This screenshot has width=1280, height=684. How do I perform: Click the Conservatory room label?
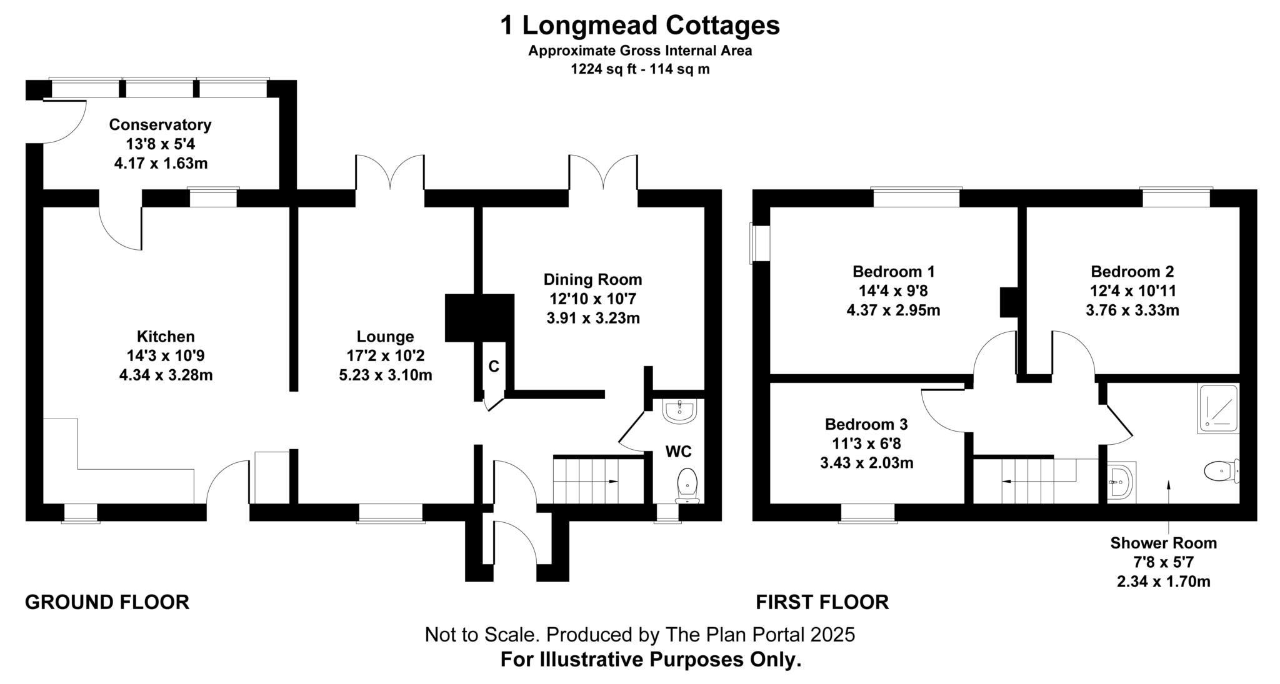pyautogui.click(x=160, y=124)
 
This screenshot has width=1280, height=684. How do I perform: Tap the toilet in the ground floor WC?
pyautogui.click(x=687, y=484)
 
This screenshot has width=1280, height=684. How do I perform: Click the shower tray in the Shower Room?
pyautogui.click(x=1217, y=408)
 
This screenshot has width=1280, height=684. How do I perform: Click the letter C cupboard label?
pyautogui.click(x=494, y=367)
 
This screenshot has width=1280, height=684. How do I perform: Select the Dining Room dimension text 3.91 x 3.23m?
pyautogui.click(x=592, y=318)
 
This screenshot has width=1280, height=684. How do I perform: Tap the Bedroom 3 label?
pyautogui.click(x=866, y=424)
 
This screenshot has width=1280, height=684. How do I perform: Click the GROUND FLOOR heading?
pyautogui.click(x=107, y=602)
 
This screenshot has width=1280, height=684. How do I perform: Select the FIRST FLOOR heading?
pyautogui.click(x=822, y=602)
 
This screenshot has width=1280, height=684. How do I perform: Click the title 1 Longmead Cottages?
pyautogui.click(x=639, y=26)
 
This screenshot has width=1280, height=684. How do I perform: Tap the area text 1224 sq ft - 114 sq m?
pyautogui.click(x=639, y=69)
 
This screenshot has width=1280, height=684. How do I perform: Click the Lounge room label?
pyautogui.click(x=385, y=337)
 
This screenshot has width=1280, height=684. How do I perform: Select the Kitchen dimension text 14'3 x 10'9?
pyautogui.click(x=166, y=356)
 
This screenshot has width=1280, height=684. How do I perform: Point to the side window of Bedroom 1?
pyautogui.click(x=761, y=244)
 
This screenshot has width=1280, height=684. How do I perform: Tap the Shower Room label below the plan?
pyautogui.click(x=1163, y=543)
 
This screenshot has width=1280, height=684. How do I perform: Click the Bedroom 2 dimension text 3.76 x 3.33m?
pyautogui.click(x=1132, y=310)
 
